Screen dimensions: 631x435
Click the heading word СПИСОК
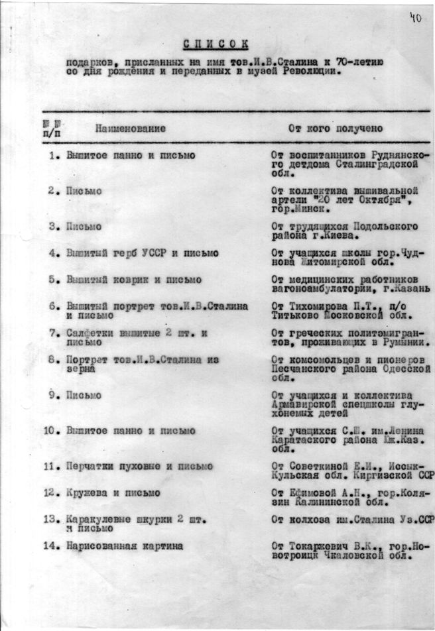tap(216, 44)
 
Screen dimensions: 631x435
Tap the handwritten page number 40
tap(416, 18)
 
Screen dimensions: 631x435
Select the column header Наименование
tap(130, 129)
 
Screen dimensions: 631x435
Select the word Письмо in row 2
tap(84, 191)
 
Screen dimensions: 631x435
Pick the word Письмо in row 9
tap(84, 396)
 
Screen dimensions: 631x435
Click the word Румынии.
tap(404, 343)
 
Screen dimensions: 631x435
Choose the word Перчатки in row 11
tap(90, 466)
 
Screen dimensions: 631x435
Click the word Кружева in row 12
tap(86, 493)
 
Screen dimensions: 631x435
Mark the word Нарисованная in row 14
tap(100, 546)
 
